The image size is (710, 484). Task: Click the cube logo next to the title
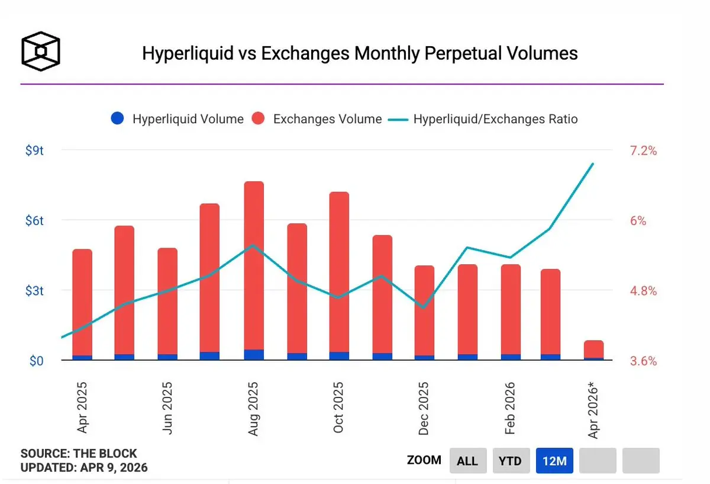(40, 50)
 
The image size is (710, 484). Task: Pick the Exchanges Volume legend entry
(318, 118)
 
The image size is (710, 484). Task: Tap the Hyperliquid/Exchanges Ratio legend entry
(484, 118)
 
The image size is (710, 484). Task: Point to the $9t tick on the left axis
(34, 150)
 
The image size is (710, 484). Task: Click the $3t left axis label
(34, 291)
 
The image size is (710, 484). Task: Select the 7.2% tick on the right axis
(643, 150)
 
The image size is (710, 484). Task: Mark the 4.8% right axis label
(643, 291)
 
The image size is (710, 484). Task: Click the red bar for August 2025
(254, 267)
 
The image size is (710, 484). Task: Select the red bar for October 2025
(339, 273)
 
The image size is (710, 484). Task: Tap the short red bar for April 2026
(593, 349)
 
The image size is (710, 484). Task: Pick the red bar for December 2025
(424, 311)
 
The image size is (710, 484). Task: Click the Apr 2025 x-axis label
(83, 409)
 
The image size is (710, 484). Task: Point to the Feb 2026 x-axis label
(509, 409)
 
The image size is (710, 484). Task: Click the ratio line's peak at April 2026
(593, 164)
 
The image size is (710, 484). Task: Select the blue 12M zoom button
(554, 460)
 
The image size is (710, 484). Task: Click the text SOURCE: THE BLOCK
(79, 454)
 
